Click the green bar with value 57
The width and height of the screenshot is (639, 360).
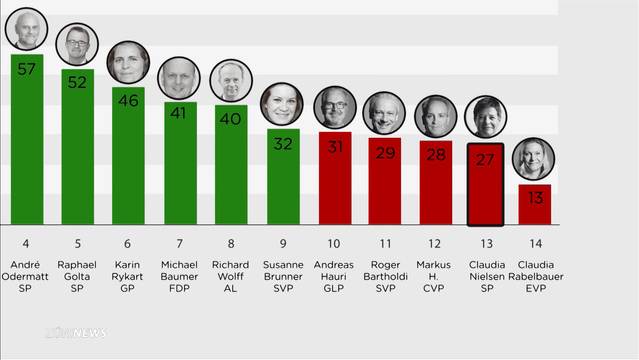pyautogui.click(x=27, y=139)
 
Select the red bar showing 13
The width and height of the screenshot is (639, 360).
pyautogui.click(x=535, y=204)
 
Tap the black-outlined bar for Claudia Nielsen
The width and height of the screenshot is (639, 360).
pyautogui.click(x=485, y=184)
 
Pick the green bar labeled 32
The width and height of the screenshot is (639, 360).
pyautogui.click(x=283, y=177)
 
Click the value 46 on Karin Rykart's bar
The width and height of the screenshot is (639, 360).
pyautogui.click(x=128, y=101)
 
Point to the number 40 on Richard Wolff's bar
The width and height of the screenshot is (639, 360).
pyautogui.click(x=230, y=119)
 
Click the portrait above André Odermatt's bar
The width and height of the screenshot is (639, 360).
pyautogui.click(x=26, y=29)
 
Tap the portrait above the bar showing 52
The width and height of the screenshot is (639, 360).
pyautogui.click(x=77, y=44)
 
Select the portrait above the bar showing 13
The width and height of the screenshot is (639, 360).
pyautogui.click(x=533, y=159)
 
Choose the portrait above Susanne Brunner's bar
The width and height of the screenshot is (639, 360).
pyautogui.click(x=282, y=104)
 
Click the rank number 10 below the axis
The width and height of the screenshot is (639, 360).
pyautogui.click(x=334, y=244)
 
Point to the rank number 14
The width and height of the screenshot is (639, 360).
pyautogui.click(x=535, y=244)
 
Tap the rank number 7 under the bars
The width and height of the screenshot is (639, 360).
pyautogui.click(x=179, y=244)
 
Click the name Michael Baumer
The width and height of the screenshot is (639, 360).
pyautogui.click(x=179, y=270)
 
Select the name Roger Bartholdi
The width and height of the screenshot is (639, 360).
pyautogui.click(x=385, y=270)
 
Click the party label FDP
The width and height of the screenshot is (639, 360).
pyautogui.click(x=179, y=288)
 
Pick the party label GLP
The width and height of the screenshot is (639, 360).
pyautogui.click(x=334, y=288)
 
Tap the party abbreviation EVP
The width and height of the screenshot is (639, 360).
pyautogui.click(x=535, y=288)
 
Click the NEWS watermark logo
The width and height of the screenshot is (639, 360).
pyautogui.click(x=76, y=333)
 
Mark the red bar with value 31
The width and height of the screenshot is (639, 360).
pyautogui.click(x=335, y=178)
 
